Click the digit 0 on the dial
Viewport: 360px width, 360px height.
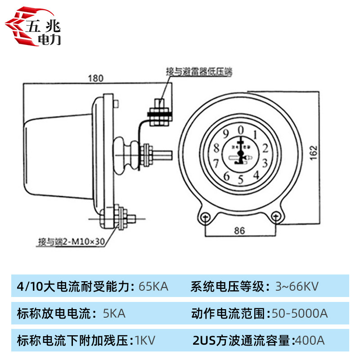241,130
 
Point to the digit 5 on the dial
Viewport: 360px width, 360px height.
240,180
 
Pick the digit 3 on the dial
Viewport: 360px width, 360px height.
265,163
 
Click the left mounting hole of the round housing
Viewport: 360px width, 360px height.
205,217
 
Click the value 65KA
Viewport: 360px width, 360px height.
153,286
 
